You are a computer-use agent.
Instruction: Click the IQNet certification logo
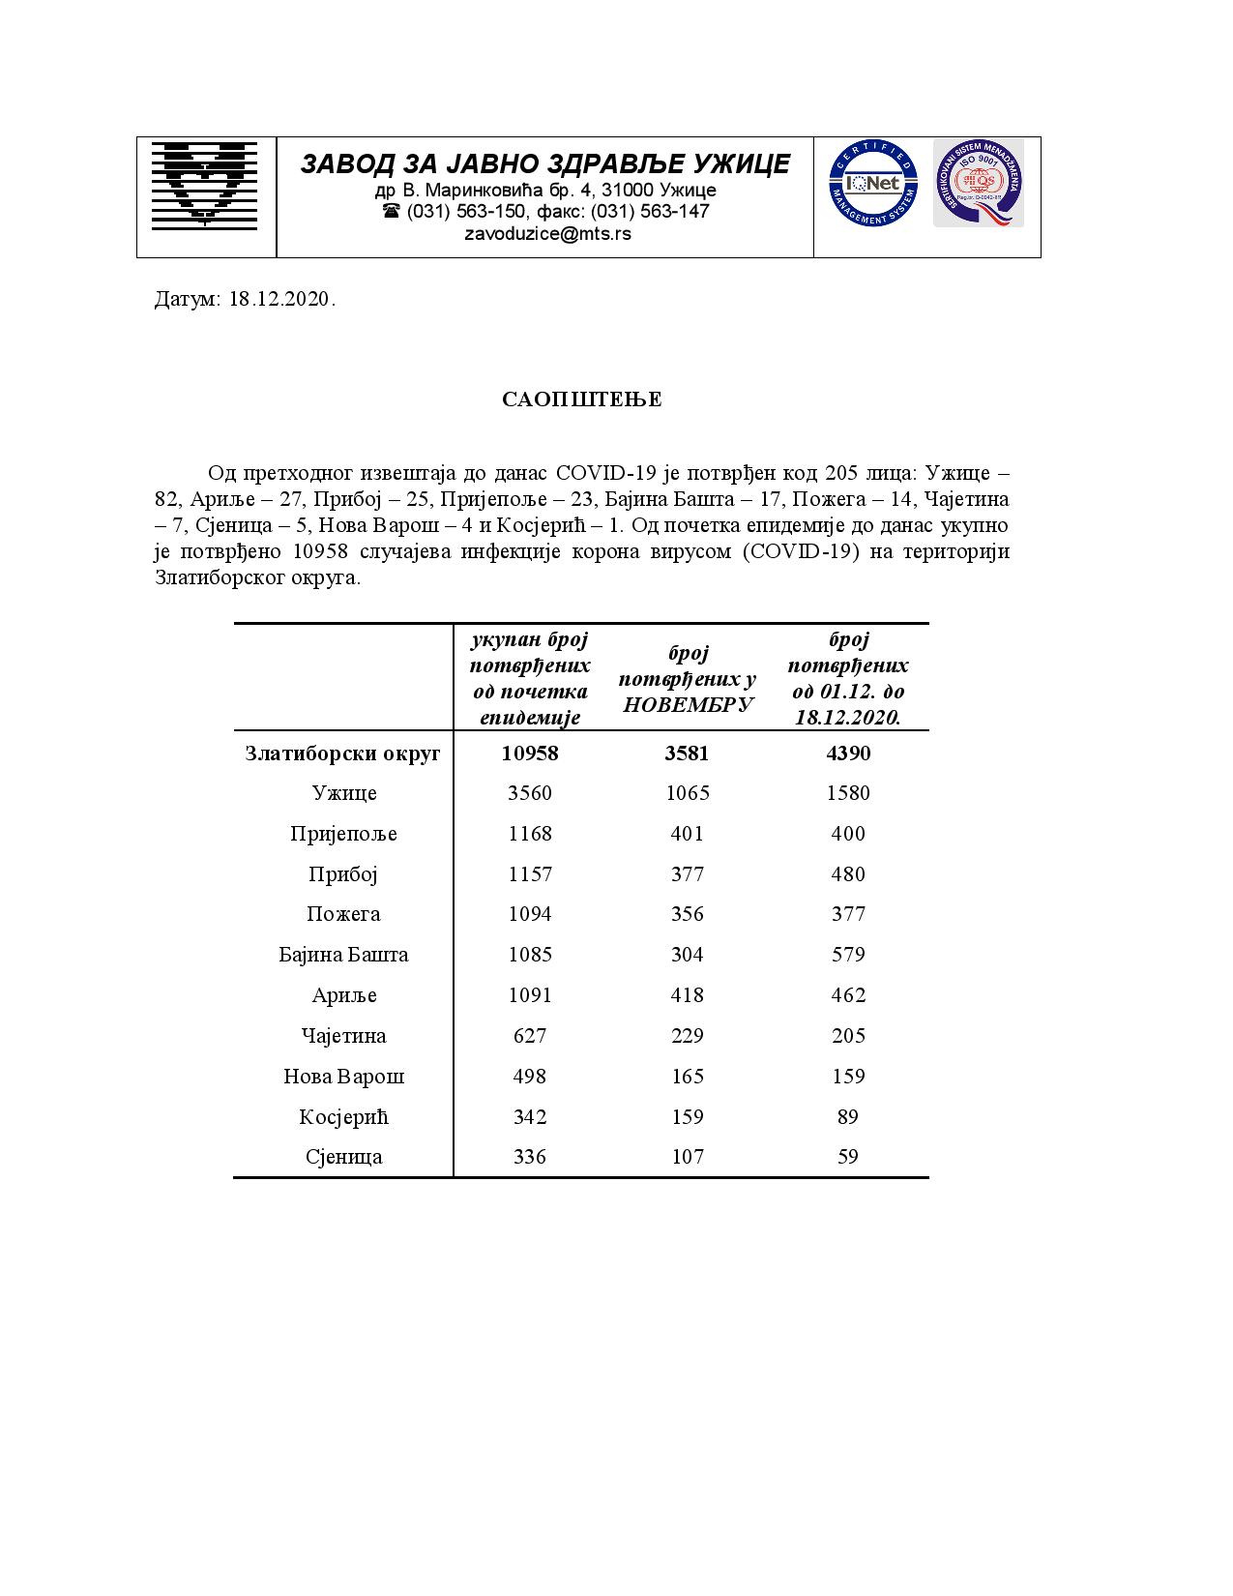[871, 183]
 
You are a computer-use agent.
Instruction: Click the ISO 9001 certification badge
[978, 183]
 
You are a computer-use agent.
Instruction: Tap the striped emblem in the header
[204, 184]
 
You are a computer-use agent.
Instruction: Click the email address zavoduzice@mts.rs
[547, 234]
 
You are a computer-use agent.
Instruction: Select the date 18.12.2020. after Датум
[282, 299]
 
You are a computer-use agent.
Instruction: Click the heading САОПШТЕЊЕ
[582, 399]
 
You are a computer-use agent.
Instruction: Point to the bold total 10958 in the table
[530, 753]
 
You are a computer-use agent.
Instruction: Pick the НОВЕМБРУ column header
[688, 704]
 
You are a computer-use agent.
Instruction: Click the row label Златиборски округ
[343, 753]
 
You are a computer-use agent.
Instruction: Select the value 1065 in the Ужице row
[688, 793]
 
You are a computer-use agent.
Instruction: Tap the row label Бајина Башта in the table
[343, 955]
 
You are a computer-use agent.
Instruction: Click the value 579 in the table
[848, 955]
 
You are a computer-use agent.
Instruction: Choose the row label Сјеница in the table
[343, 1157]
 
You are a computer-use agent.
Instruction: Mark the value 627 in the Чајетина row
[530, 1036]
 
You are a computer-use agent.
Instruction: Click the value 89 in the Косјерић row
[848, 1116]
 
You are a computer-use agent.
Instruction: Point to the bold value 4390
[848, 753]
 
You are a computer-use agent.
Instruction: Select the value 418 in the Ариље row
[688, 995]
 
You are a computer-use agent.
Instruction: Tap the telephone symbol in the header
[391, 211]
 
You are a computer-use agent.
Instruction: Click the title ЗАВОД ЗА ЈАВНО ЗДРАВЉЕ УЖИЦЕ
[545, 164]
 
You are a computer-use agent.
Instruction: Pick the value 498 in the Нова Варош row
[530, 1076]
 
